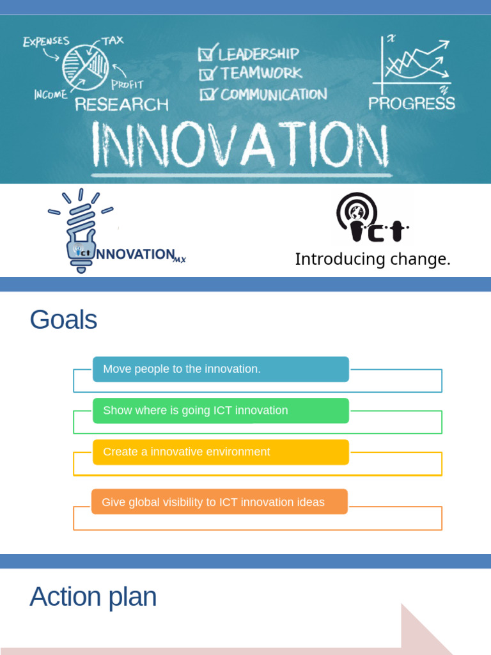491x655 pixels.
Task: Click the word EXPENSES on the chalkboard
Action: pos(46,42)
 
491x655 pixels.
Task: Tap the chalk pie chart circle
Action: pos(86,68)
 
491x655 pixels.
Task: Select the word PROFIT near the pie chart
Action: pos(127,84)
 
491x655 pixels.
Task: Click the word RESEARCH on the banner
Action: pos(121,104)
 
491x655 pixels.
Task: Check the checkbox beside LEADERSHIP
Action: pos(207,54)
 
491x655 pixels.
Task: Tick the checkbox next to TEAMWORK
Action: pos(207,74)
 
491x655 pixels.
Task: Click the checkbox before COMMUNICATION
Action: pos(208,95)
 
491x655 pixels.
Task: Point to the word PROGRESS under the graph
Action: pos(412,104)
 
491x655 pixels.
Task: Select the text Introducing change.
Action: pos(373,259)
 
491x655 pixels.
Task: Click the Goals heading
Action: pos(63,319)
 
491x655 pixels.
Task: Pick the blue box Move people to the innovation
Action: pos(221,369)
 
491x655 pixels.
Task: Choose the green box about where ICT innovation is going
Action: pos(221,411)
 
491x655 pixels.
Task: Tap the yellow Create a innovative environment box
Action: pos(221,452)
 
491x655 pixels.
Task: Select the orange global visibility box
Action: pos(219,502)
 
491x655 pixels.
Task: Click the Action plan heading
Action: pos(93,597)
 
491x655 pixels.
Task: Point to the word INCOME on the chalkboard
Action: pos(51,95)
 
